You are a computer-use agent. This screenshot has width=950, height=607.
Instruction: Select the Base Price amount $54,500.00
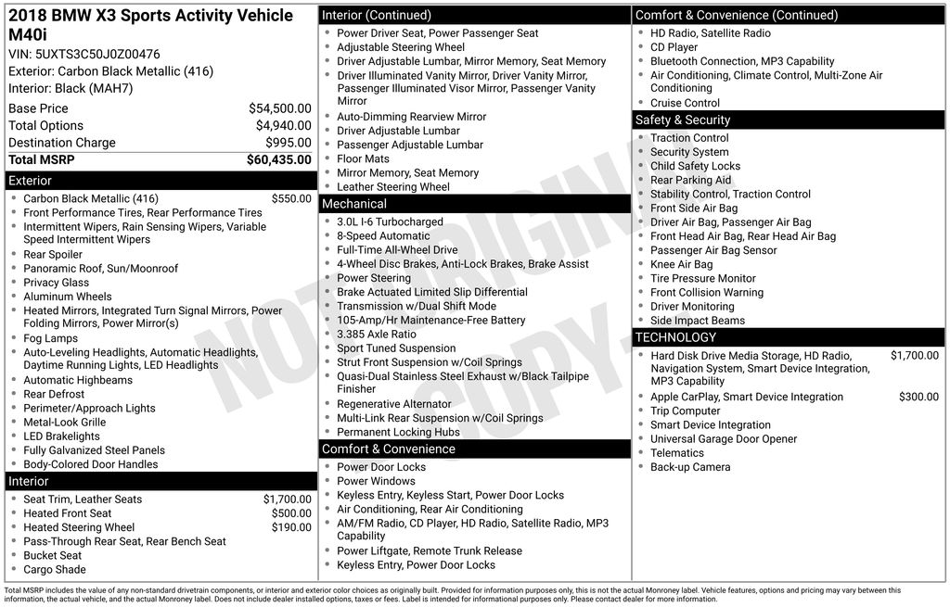click(x=279, y=108)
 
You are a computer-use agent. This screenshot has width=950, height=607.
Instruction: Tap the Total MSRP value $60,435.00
click(x=278, y=159)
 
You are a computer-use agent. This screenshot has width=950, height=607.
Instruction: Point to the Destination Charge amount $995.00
click(x=288, y=143)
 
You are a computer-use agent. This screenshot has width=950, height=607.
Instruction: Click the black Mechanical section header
click(x=474, y=204)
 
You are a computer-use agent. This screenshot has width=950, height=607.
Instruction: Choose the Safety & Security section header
click(x=788, y=120)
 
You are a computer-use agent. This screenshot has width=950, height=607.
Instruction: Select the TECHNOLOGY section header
click(x=788, y=337)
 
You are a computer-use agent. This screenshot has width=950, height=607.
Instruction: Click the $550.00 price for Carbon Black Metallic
click(x=291, y=198)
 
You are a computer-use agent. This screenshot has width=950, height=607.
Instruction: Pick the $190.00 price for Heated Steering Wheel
click(x=291, y=527)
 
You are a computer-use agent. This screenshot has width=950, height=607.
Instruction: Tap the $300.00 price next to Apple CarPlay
click(x=918, y=397)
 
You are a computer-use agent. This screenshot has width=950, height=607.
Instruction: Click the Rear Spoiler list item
click(x=53, y=255)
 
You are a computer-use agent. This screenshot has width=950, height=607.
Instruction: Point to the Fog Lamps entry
click(x=51, y=338)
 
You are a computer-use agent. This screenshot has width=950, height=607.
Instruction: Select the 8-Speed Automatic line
click(x=383, y=236)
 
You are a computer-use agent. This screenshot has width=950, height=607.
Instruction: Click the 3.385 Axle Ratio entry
click(x=377, y=334)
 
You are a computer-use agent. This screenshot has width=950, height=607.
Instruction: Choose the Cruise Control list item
click(x=685, y=103)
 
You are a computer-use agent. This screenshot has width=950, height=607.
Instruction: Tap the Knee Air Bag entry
click(x=682, y=264)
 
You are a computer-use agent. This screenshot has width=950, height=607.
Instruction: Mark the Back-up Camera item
click(x=690, y=467)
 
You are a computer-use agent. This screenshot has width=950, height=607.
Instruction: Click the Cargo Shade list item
click(x=55, y=570)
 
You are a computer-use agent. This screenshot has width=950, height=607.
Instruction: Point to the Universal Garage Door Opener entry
click(x=724, y=439)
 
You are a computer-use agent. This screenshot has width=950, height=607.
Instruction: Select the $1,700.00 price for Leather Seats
click(x=287, y=500)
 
